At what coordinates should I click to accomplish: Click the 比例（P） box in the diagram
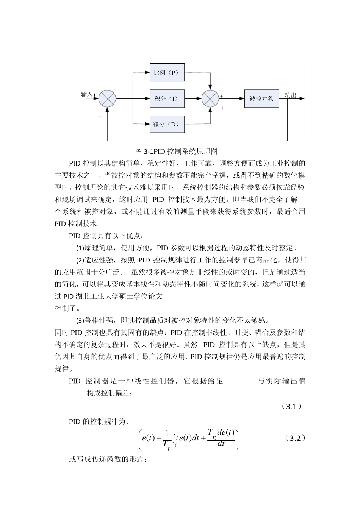point(167,72)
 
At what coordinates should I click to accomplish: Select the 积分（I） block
point(167,98)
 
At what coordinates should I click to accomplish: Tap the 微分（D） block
point(167,124)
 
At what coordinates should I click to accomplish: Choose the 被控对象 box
point(261,98)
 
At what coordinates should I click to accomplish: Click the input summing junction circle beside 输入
point(107,98)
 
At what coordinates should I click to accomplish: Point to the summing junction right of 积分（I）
point(210,98)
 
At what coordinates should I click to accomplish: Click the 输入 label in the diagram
point(86,94)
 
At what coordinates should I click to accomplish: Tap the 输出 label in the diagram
point(291,95)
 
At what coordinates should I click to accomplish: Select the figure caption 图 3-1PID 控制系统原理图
point(177,151)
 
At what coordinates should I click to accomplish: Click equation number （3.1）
point(291,407)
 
